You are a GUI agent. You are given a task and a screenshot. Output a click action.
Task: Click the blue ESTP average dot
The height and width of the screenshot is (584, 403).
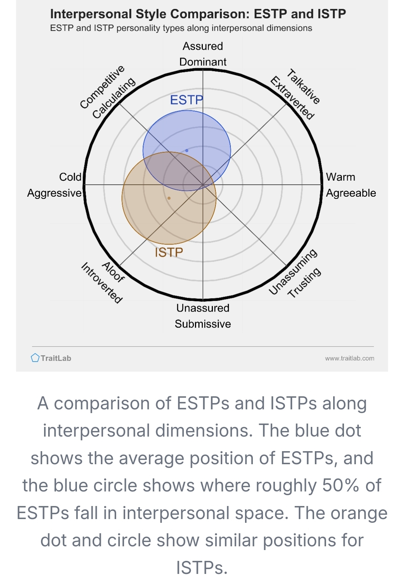[187, 151]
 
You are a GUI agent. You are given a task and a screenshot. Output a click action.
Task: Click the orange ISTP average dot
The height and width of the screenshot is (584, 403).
[169, 198]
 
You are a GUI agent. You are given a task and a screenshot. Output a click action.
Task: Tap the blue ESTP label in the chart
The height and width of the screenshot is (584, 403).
[186, 100]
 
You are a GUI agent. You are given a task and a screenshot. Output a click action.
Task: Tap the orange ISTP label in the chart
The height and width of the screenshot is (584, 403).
[169, 253]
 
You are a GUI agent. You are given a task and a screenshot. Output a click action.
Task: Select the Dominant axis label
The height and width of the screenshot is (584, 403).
[203, 62]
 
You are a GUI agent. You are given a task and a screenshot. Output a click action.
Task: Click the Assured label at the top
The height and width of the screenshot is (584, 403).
[203, 46]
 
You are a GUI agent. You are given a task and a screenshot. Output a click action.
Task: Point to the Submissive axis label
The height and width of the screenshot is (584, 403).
[203, 324]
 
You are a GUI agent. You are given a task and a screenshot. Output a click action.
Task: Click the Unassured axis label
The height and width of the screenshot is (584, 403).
[203, 308]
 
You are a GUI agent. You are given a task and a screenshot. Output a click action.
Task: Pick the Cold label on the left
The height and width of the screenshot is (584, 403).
[70, 177]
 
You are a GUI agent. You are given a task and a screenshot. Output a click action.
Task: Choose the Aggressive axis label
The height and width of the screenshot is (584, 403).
[55, 193]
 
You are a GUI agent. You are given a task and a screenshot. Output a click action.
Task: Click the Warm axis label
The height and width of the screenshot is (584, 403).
[340, 177]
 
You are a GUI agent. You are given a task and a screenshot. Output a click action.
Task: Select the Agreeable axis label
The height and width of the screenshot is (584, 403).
[351, 193]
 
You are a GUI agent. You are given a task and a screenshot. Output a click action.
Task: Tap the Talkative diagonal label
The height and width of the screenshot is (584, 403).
[304, 87]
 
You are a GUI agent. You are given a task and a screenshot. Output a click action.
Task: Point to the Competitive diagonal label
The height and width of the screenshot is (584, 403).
[102, 87]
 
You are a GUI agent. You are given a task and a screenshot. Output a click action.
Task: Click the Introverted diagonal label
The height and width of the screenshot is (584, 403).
[102, 283]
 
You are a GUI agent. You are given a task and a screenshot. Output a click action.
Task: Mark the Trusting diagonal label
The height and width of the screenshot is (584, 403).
[304, 283]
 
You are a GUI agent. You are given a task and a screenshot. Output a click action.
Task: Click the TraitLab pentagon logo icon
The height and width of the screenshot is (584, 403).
[35, 358]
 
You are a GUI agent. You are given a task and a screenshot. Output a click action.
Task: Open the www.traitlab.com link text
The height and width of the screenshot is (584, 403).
[350, 358]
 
